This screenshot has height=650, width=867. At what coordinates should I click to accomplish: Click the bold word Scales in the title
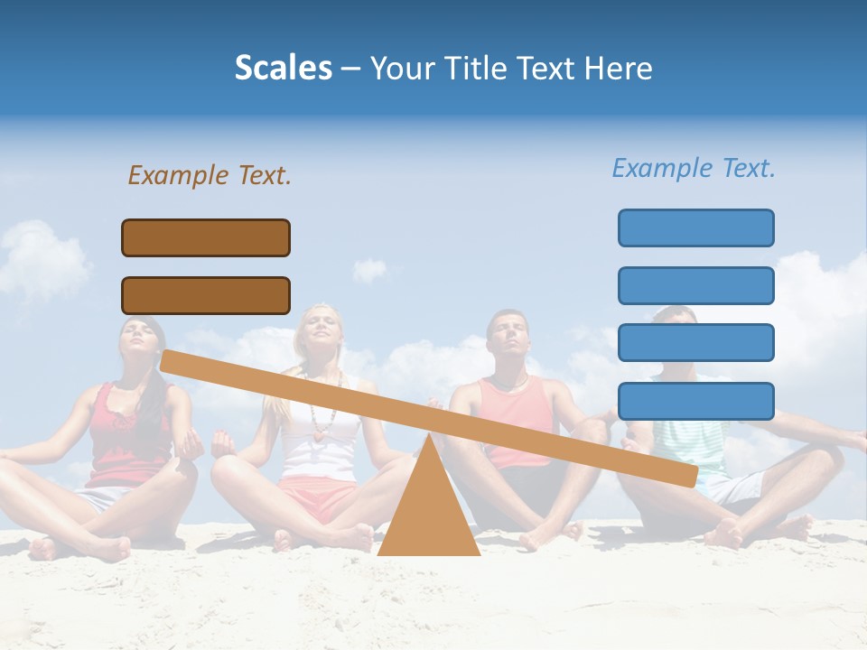coord(283,68)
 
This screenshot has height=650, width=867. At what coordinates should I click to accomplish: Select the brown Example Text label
coord(210,175)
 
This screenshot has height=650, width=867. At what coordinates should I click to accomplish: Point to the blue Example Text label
coord(694,168)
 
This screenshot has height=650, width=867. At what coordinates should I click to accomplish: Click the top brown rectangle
coord(206,237)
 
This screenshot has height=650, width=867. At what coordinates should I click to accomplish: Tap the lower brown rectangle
coord(206,295)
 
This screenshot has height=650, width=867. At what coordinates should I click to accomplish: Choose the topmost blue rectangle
coord(695,227)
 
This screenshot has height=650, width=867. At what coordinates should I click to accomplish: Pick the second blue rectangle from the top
coord(695,285)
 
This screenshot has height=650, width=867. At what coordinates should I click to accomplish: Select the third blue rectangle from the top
coord(695,342)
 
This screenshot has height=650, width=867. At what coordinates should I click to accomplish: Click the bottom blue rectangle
coord(695,401)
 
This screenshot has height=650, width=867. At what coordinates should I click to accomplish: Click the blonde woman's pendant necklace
coord(318,431)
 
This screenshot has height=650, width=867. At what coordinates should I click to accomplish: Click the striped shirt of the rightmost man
coord(691,442)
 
